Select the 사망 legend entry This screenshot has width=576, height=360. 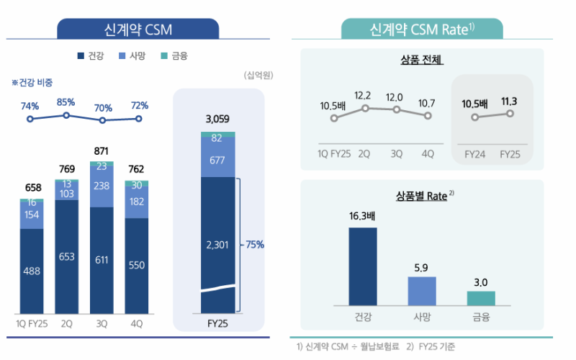tap(138, 55)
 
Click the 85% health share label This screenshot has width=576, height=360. tap(66, 102)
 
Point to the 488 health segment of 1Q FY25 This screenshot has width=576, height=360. tap(32, 270)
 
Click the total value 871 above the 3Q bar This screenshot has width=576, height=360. tap(102, 151)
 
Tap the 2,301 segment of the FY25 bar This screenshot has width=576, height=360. tap(217, 245)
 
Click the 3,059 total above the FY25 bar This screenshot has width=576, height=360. tap(217, 119)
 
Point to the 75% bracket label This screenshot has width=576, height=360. tap(255, 245)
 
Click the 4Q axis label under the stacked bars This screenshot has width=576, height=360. tap(136, 324)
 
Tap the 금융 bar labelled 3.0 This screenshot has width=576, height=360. tap(480, 298)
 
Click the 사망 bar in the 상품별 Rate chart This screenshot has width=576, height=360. tap(422, 291)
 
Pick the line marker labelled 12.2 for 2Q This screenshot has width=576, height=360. tap(365, 108)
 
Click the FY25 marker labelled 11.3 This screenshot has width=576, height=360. tap(510, 113)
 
